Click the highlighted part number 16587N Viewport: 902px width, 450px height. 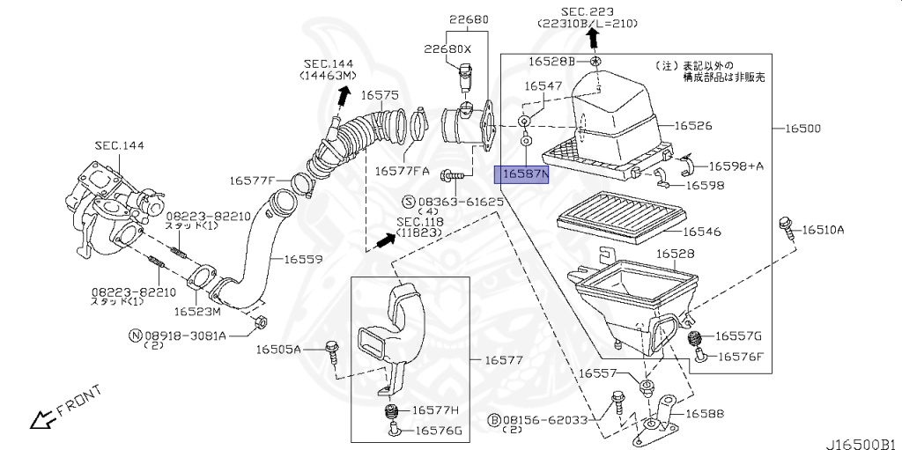tap(523, 175)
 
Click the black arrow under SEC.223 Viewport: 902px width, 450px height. tap(594, 37)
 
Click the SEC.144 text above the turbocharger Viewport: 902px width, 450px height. tap(120, 144)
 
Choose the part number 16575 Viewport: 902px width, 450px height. tap(381, 94)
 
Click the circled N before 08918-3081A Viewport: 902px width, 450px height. tap(136, 336)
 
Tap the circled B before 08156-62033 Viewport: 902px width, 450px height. tap(496, 420)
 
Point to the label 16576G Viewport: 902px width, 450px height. tap(439, 431)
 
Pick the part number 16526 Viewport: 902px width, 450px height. tap(694, 126)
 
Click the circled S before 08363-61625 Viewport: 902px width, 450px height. tap(410, 202)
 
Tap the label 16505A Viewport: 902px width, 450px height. tap(278, 350)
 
